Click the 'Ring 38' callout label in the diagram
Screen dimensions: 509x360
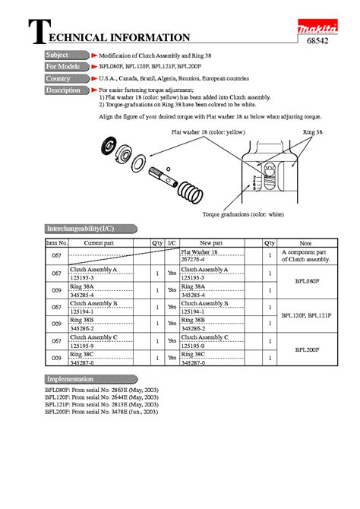coord(312,132)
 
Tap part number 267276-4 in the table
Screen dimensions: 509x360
coord(194,259)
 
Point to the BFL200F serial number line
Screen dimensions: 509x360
coord(101,411)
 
